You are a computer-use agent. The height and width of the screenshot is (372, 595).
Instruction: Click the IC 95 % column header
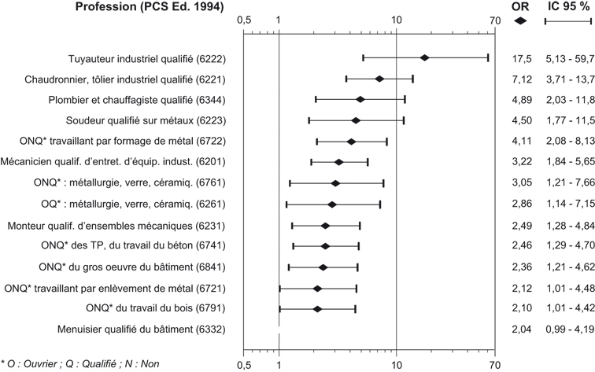567,7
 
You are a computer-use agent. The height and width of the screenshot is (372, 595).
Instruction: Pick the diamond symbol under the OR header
519,20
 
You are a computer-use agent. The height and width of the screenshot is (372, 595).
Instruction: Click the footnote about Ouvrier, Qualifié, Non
81,363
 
